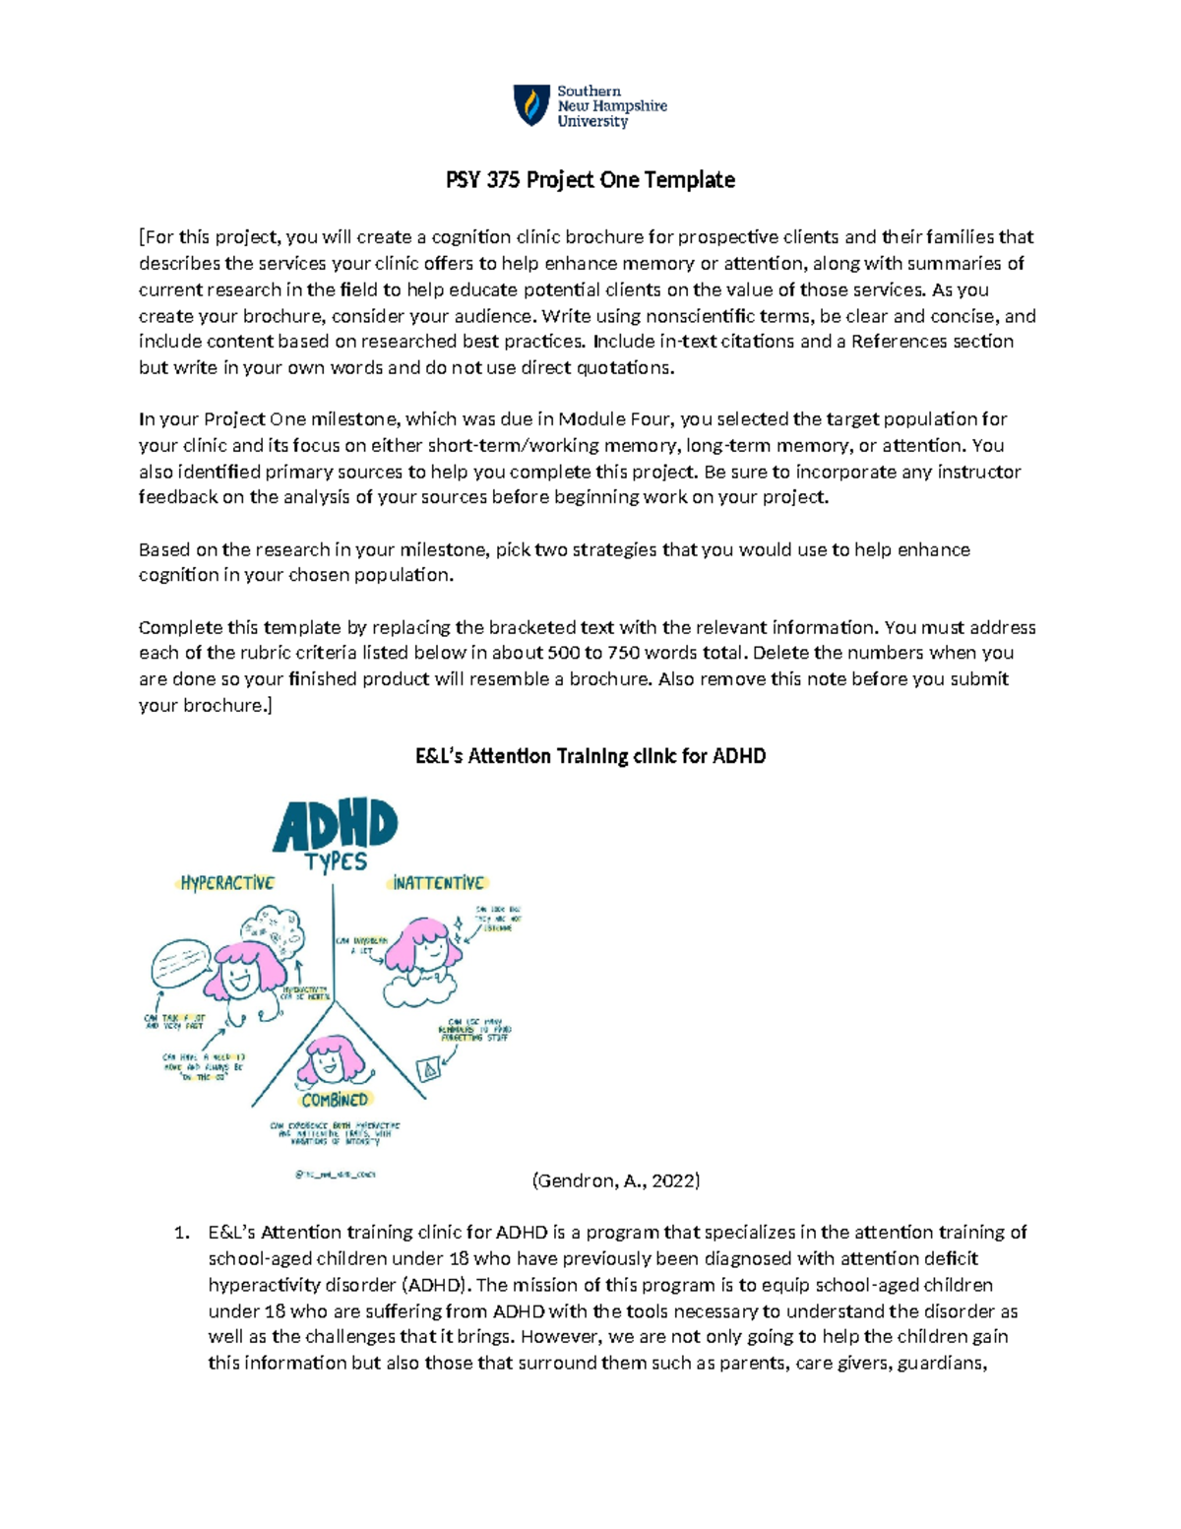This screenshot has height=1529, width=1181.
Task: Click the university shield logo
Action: [531, 105]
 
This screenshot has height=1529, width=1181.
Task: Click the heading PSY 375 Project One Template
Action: [590, 180]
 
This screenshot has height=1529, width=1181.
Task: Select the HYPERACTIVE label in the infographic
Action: [227, 883]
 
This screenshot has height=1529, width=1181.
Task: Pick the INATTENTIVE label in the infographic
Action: [439, 883]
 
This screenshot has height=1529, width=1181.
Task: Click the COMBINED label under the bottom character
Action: [335, 1100]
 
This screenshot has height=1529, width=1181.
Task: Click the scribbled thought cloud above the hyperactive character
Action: [273, 928]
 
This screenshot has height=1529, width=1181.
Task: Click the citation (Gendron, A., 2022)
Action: [616, 1180]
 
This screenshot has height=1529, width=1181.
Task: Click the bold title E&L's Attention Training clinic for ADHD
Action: [590, 756]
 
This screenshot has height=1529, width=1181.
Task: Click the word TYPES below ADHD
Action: [336, 861]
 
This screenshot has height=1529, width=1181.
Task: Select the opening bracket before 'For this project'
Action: [142, 237]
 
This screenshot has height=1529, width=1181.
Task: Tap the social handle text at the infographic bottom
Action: [335, 1174]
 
